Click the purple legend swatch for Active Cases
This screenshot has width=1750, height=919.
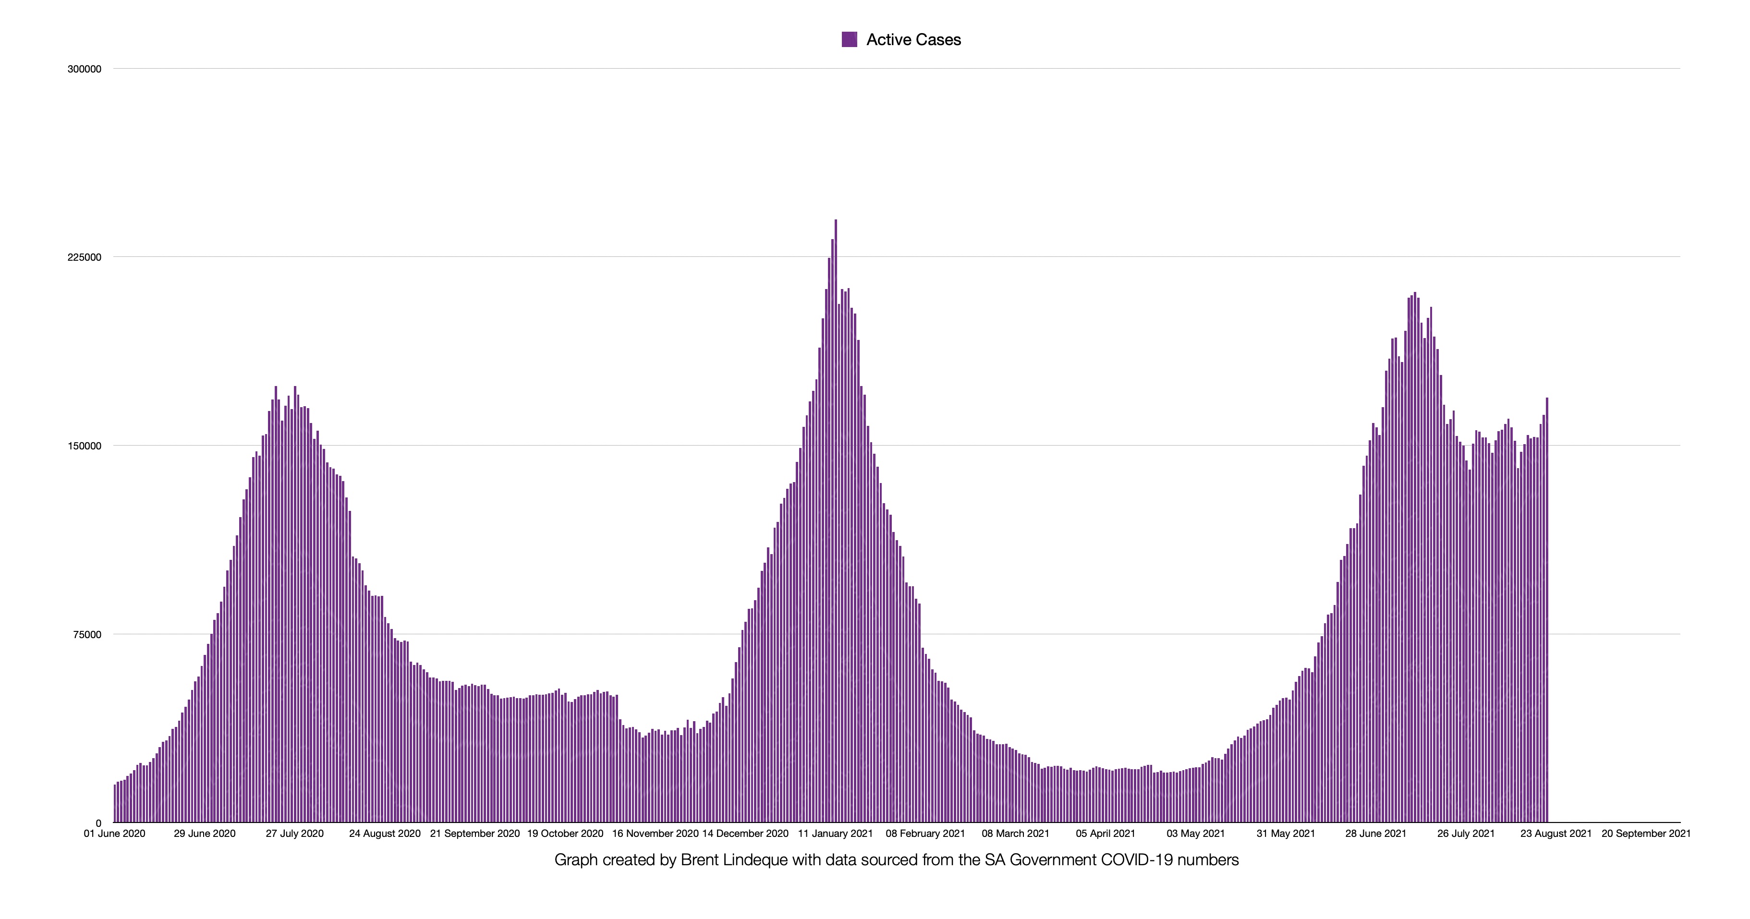point(849,39)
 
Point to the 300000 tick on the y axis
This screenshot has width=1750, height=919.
point(84,69)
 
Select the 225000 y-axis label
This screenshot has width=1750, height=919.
point(84,257)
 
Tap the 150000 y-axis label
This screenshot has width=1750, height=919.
point(84,446)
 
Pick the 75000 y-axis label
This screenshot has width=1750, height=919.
point(87,634)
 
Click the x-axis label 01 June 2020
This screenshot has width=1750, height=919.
point(114,834)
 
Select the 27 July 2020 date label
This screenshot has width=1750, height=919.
point(294,834)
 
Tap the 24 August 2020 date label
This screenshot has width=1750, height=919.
point(385,834)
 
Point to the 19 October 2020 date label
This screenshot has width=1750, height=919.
point(565,834)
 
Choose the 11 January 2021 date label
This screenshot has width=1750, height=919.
point(835,834)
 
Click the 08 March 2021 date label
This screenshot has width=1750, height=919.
point(1015,834)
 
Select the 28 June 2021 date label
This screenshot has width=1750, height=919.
point(1376,834)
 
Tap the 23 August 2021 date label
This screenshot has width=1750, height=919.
point(1556,834)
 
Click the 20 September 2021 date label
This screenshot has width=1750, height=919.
point(1645,834)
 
